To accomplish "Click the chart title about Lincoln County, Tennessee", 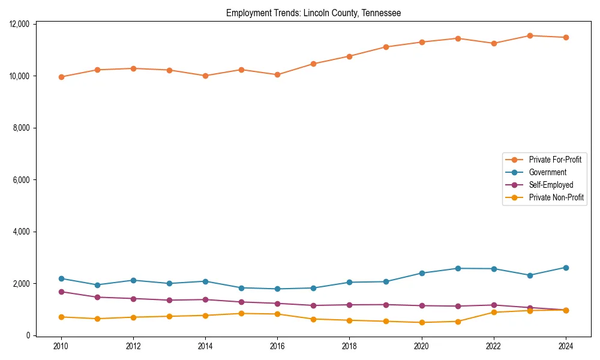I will pos(313,13).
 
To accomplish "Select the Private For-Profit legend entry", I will pos(555,160).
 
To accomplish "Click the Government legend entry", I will pos(547,172).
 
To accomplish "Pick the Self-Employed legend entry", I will pos(551,185).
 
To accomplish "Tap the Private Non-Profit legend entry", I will pos(556,197).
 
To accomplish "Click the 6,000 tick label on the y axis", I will pos(22,180).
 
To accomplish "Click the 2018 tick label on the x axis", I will pos(349,346).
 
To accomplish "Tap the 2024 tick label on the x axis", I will pos(566,346).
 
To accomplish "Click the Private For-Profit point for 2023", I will pos(530,35).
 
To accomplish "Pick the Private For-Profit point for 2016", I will pos(277,75).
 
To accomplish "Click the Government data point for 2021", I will pos(458,268).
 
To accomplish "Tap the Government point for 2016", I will pos(277,289).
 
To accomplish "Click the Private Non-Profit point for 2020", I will pos(422,322).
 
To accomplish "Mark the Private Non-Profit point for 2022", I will pos(494,312).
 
